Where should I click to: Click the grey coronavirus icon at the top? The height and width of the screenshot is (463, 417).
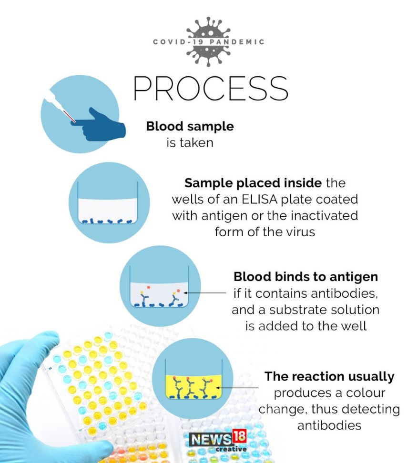(x=209, y=41)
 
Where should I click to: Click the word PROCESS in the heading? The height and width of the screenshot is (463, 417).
(x=211, y=88)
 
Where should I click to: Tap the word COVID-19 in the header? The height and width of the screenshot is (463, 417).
(x=178, y=42)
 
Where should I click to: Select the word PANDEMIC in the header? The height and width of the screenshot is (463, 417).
(x=237, y=42)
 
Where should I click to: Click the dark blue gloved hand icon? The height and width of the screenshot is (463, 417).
(x=101, y=125)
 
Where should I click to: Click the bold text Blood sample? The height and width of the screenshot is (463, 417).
(x=190, y=126)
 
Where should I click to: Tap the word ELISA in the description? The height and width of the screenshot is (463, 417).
(x=259, y=199)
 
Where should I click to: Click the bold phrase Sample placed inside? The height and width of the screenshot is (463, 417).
(x=253, y=183)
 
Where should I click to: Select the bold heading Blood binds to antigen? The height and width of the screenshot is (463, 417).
(x=305, y=277)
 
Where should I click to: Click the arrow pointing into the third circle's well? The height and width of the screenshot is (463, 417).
(x=205, y=293)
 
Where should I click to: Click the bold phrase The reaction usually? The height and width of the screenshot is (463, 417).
(x=329, y=376)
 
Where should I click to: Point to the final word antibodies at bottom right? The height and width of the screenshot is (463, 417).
(x=329, y=425)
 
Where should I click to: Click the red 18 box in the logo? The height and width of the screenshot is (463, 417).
(x=239, y=436)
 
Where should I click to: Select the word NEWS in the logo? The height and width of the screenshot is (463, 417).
(x=211, y=440)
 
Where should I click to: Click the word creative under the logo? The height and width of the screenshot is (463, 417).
(x=231, y=449)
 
